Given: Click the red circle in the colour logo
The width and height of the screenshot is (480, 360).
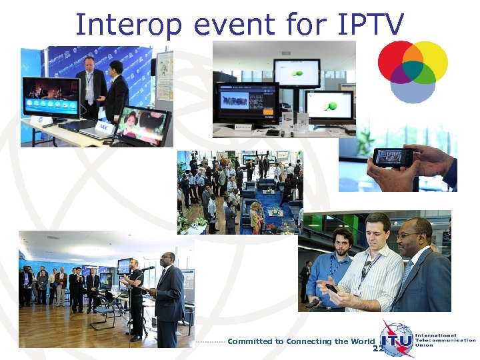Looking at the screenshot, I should pyautogui.click(x=397, y=59).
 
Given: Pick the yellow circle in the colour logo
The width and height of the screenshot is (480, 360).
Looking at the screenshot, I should pyautogui.click(x=430, y=59).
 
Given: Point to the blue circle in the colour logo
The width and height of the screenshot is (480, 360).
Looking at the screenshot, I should pyautogui.click(x=413, y=87).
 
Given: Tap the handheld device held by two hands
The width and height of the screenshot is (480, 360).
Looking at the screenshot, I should pyautogui.click(x=393, y=157).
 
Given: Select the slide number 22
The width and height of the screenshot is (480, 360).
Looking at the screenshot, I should pyautogui.click(x=378, y=349).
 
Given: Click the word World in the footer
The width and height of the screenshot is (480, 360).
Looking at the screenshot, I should pyautogui.click(x=363, y=341).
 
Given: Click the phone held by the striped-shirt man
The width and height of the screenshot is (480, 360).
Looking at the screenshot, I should pyautogui.click(x=331, y=288).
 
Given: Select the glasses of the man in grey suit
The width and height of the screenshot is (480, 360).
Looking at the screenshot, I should pyautogui.click(x=407, y=235).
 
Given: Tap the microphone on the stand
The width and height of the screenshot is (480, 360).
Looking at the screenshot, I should pyautogui.click(x=149, y=268).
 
